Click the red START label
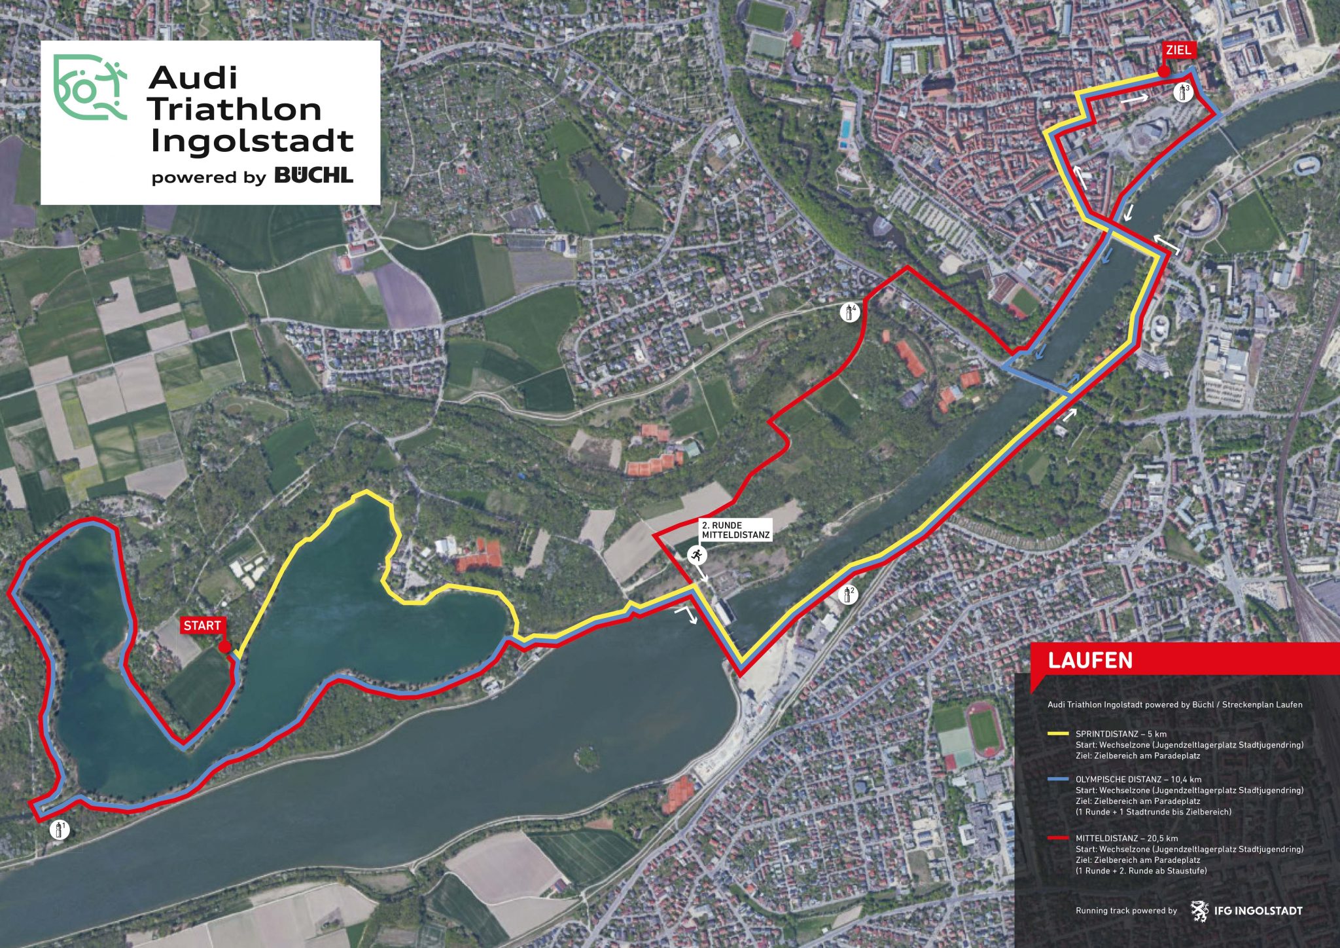pyautogui.click(x=202, y=626)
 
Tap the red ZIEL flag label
pyautogui.click(x=1178, y=50)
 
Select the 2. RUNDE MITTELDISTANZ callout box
pyautogui.click(x=735, y=530)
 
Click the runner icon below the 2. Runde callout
pyautogui.click(x=696, y=556)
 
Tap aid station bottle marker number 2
pyautogui.click(x=848, y=594)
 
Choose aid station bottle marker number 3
pyautogui.click(x=1183, y=92)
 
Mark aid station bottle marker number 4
pyautogui.click(x=849, y=312)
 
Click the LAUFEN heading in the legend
pyautogui.click(x=1090, y=660)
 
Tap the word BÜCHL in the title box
pyautogui.click(x=313, y=175)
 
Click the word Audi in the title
pyautogui.click(x=193, y=78)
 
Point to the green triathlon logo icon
pyautogui.click(x=89, y=88)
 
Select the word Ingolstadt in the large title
pyautogui.click(x=252, y=140)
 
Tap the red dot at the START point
pyautogui.click(x=224, y=647)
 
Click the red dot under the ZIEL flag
pyautogui.click(x=1163, y=72)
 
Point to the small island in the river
pyautogui.click(x=587, y=756)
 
